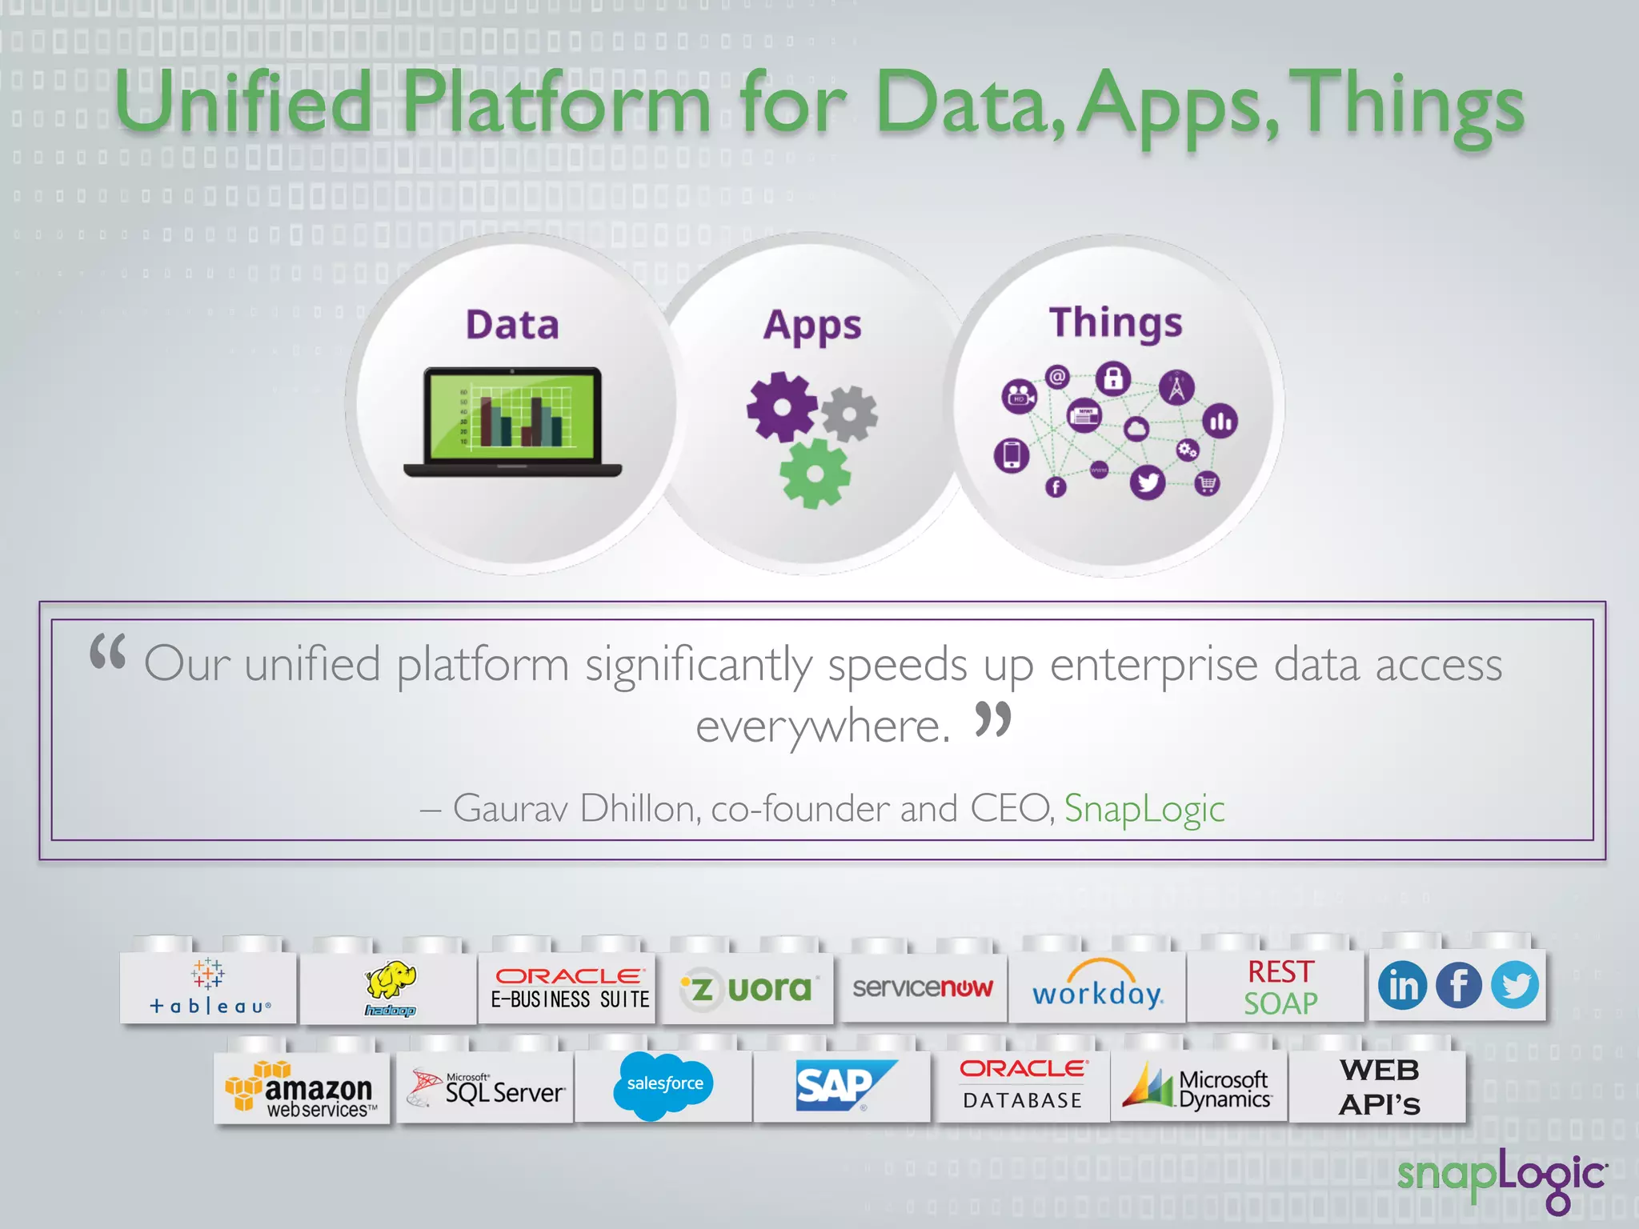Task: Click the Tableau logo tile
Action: [210, 987]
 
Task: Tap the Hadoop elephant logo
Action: [391, 987]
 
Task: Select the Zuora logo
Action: [747, 989]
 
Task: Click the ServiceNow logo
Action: [922, 987]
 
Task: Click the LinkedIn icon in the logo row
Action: [1402, 985]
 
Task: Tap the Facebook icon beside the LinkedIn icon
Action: [1458, 985]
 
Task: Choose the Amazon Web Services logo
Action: [301, 1089]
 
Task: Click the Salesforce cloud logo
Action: [663, 1085]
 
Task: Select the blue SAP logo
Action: [843, 1086]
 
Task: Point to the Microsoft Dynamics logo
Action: [1197, 1088]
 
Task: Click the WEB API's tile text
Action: [1379, 1087]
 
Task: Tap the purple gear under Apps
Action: [781, 406]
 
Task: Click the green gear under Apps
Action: [815, 474]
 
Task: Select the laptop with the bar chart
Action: [513, 422]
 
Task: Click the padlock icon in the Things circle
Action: [1113, 378]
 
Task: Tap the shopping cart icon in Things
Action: [1207, 483]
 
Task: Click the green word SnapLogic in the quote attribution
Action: [1144, 808]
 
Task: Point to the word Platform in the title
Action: [556, 104]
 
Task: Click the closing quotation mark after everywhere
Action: [993, 719]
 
